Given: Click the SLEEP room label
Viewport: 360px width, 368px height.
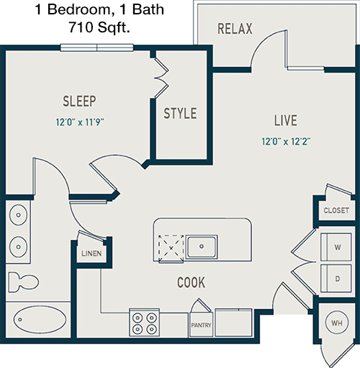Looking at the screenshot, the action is (x=79, y=101).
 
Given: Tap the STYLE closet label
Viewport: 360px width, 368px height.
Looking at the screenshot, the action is (x=180, y=113).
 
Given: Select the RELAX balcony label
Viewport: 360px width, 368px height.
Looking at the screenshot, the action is (x=235, y=29).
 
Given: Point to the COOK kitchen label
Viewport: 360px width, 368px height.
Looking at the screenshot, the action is (x=192, y=282).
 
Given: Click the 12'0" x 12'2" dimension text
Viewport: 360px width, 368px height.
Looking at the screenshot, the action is (x=286, y=141).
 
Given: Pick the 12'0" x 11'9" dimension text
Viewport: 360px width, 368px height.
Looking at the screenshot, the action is (x=80, y=122).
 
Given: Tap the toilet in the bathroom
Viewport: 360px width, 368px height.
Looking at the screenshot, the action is (x=23, y=282).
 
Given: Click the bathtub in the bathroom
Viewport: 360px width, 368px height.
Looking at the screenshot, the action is (x=40, y=319).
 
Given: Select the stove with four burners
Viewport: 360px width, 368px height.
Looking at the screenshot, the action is (x=145, y=323).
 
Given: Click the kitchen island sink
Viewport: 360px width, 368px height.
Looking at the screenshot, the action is (x=202, y=247).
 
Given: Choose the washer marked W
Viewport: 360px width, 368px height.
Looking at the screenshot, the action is (x=336, y=246).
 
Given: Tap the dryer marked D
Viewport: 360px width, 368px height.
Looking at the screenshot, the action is (x=336, y=279).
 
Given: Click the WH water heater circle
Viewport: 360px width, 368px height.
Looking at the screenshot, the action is (x=337, y=323).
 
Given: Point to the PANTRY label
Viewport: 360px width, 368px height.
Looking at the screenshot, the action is (x=201, y=326).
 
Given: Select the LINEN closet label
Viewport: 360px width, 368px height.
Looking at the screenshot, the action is (x=91, y=253).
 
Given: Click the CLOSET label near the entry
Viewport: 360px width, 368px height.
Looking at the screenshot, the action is (x=336, y=210).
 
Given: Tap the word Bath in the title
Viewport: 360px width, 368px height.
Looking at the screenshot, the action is (x=148, y=9).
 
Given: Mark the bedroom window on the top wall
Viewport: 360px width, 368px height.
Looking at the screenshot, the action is (x=96, y=48).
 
